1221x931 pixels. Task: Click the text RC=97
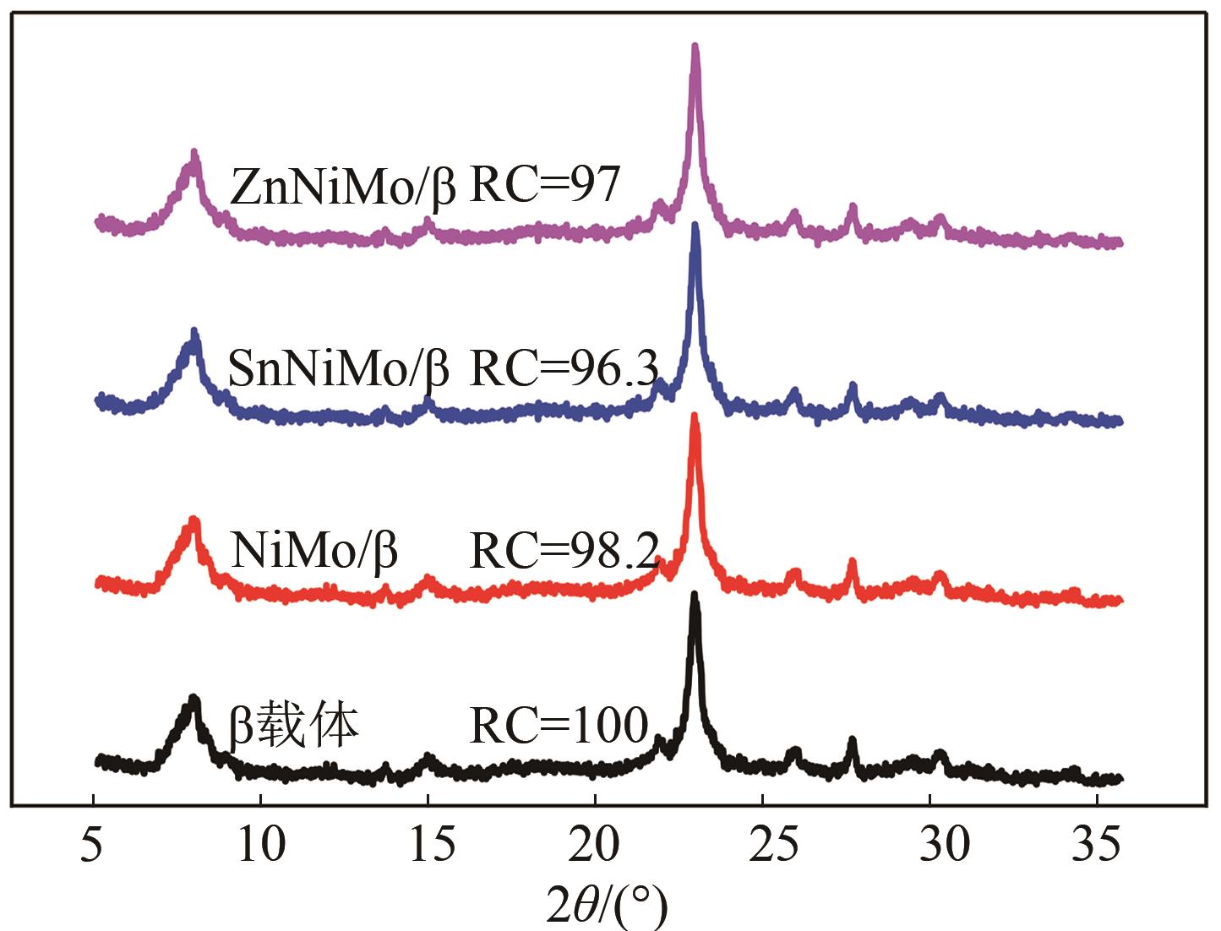click(x=545, y=183)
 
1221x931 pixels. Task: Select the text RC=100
click(x=559, y=726)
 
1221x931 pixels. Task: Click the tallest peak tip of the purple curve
click(x=695, y=47)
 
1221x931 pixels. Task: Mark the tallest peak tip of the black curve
click(x=695, y=596)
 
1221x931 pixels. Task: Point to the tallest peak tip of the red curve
click(x=695, y=416)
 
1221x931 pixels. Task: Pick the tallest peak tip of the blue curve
click(x=695, y=226)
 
